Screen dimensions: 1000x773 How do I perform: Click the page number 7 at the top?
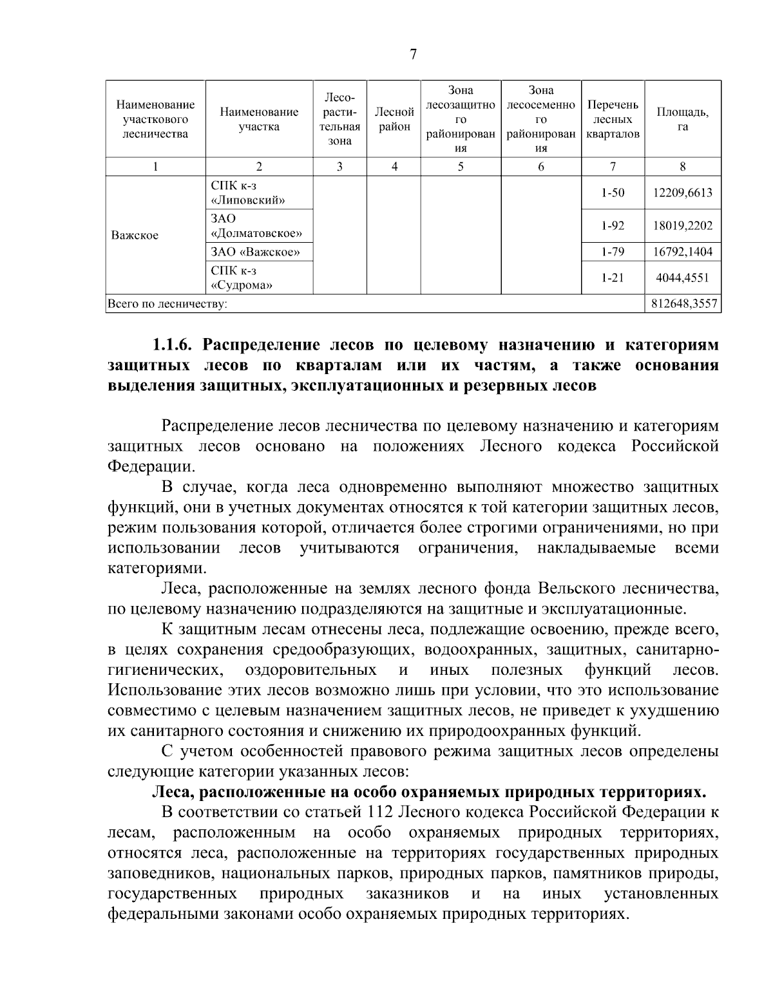(414, 55)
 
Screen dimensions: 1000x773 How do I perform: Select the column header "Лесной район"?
(394, 119)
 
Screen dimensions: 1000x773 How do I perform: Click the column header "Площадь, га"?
(682, 119)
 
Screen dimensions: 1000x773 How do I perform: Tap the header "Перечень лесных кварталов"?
(613, 119)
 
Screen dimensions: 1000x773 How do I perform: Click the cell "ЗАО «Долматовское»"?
(256, 226)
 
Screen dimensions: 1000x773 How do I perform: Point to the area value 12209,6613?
(683, 193)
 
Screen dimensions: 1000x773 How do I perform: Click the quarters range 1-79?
(612, 252)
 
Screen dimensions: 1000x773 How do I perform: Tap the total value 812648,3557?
(683, 303)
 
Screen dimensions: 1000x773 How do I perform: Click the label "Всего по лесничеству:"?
(167, 303)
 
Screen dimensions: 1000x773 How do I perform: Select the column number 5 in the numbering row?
(461, 167)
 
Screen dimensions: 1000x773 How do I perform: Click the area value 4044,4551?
(683, 278)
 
